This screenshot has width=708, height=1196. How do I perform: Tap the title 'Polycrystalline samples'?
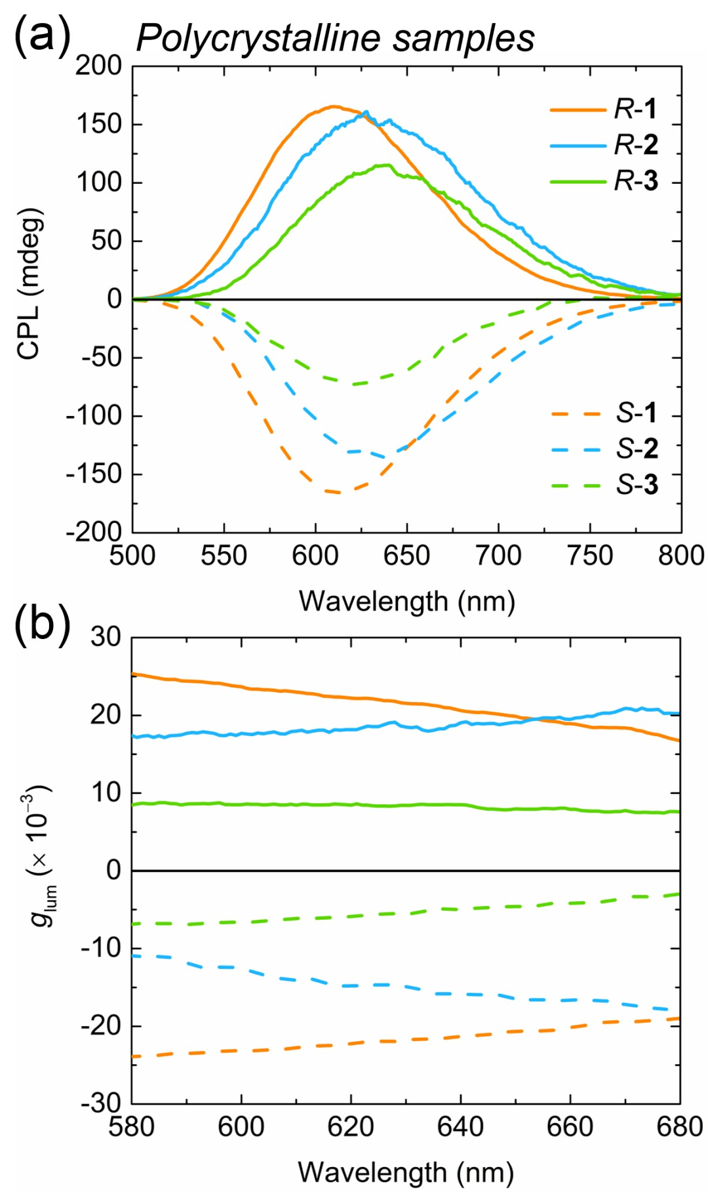pyautogui.click(x=334, y=38)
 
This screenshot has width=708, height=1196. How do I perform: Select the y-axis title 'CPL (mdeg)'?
pyautogui.click(x=29, y=284)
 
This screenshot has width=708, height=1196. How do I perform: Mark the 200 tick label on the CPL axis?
pyautogui.click(x=99, y=66)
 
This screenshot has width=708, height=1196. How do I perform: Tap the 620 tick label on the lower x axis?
pyautogui.click(x=351, y=1127)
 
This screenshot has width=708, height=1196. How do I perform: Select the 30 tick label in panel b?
pyautogui.click(x=106, y=636)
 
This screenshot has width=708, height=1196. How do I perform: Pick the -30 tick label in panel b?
pyautogui.click(x=102, y=1103)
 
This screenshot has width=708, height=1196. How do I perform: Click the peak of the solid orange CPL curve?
pyautogui.click(x=334, y=106)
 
